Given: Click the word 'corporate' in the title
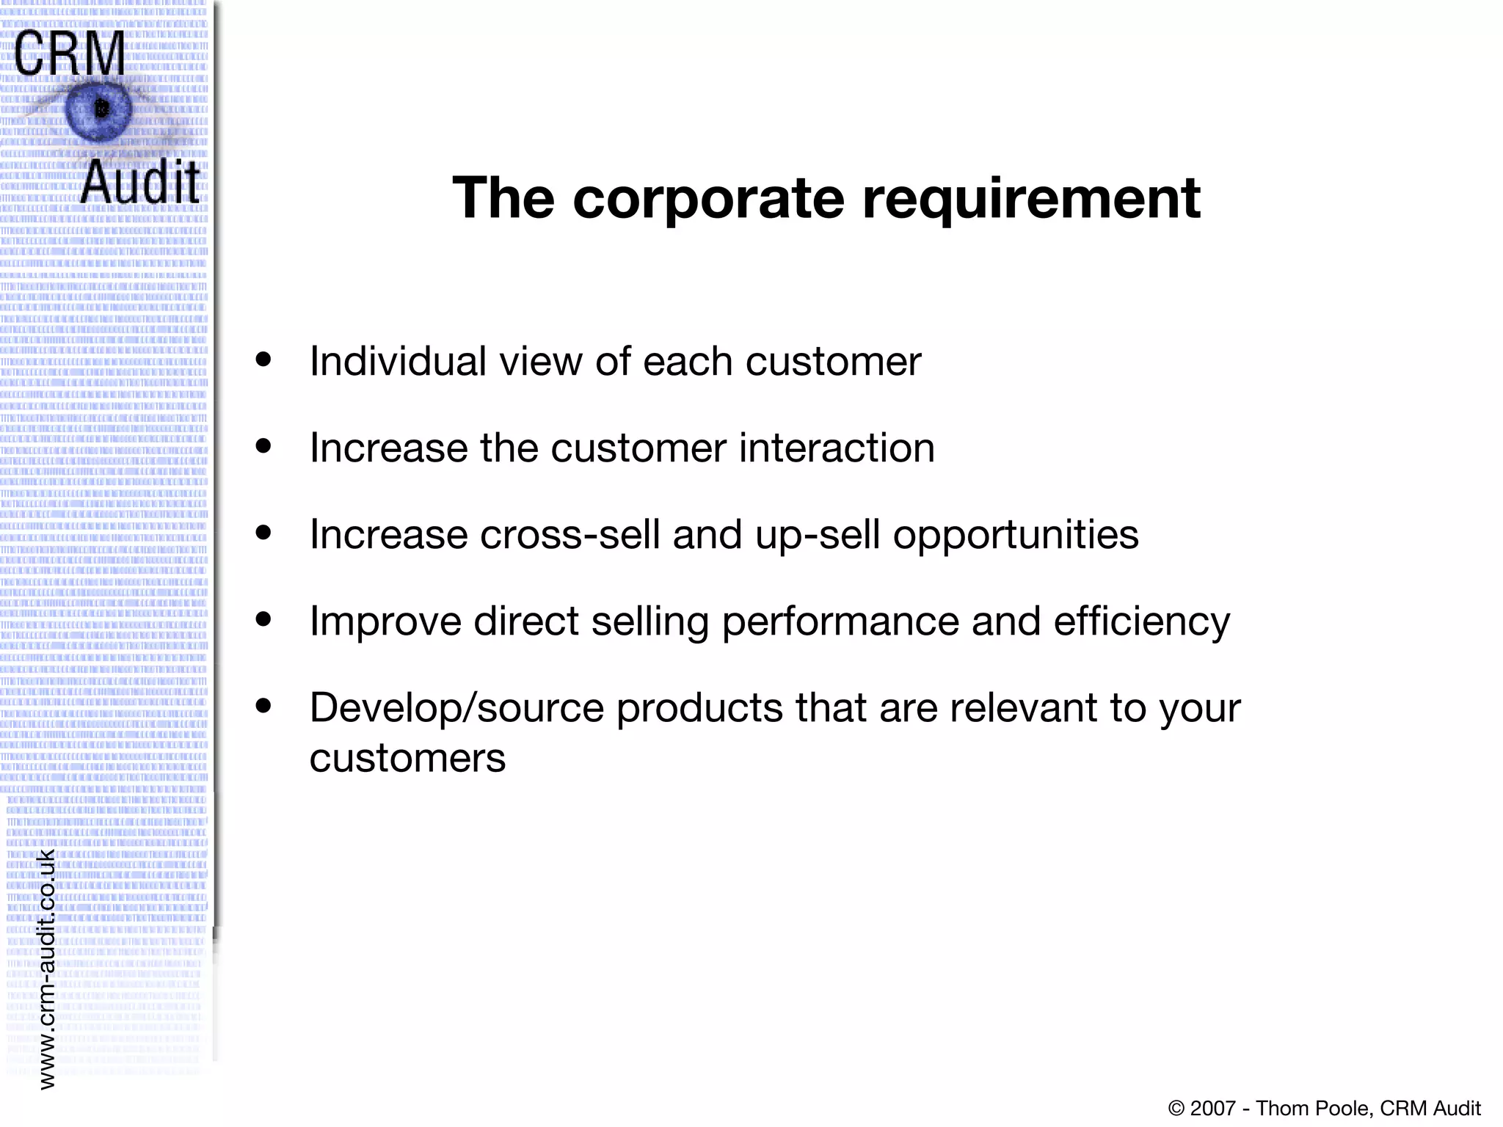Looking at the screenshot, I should tap(708, 198).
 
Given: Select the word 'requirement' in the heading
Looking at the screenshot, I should tap(1031, 200).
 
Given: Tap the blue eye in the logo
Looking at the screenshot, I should tap(98, 110).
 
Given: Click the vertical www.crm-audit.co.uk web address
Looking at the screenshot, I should tap(46, 969).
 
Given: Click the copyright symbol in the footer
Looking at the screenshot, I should tap(1176, 1108).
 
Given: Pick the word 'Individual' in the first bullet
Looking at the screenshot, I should tap(398, 361).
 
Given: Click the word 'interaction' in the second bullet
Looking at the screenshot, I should tap(837, 448).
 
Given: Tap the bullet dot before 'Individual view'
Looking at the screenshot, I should tap(263, 360).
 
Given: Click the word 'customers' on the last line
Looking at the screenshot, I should tap(407, 759).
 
